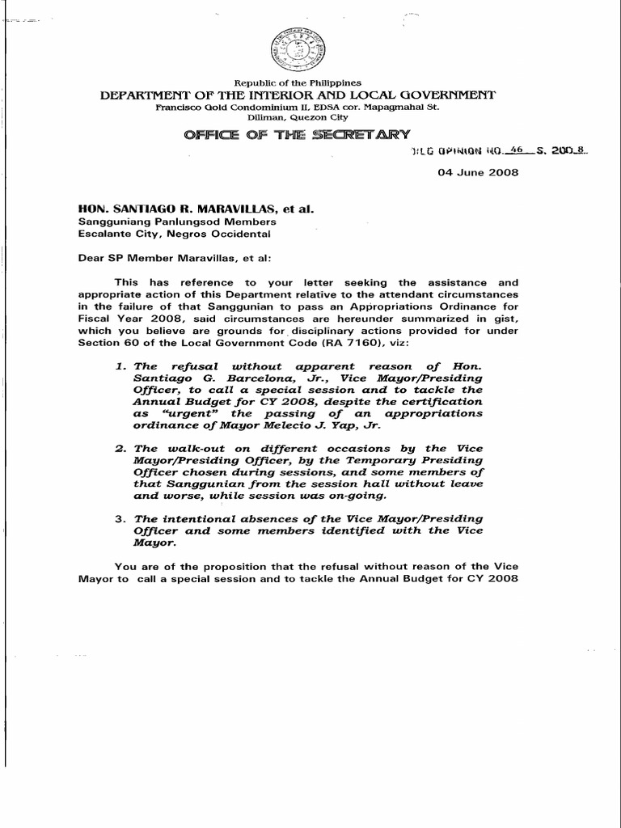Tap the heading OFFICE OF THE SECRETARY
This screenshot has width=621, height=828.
(x=298, y=134)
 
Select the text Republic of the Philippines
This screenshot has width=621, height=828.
(x=298, y=82)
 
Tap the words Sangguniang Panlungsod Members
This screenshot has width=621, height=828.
(x=177, y=222)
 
